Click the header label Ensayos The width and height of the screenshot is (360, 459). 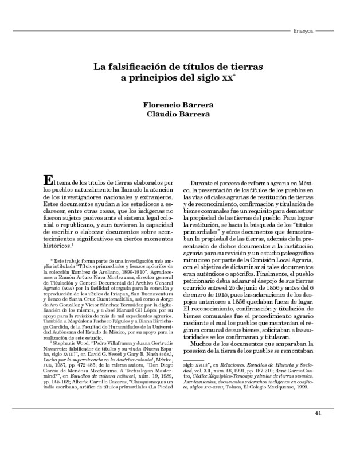(302, 31)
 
